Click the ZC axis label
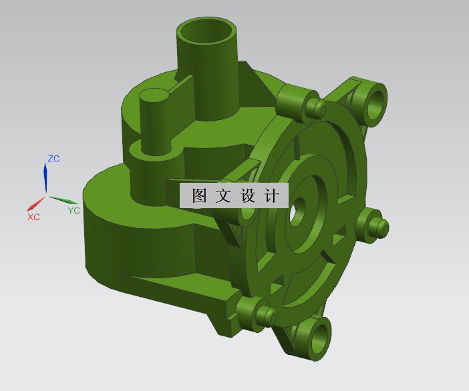coord(53,159)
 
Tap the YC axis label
coord(73,210)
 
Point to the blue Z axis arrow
coord(45,176)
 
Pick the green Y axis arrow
coord(63,200)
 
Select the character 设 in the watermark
coord(247,196)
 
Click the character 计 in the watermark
coord(271,196)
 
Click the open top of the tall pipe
coord(207,31)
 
